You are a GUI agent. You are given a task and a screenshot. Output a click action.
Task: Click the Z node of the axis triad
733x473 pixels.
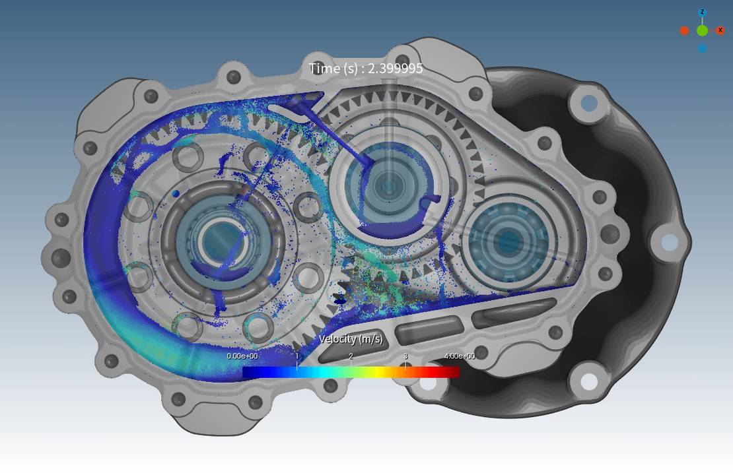point(702,13)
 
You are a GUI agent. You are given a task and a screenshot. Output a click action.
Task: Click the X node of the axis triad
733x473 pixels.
point(720,31)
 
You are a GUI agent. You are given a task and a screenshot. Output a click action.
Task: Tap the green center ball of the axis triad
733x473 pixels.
point(702,31)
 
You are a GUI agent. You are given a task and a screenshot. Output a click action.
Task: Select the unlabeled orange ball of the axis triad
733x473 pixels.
point(684,31)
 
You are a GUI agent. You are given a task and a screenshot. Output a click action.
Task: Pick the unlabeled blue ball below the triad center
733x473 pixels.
point(702,48)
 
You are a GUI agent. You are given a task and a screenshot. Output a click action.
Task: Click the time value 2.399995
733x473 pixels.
point(395,69)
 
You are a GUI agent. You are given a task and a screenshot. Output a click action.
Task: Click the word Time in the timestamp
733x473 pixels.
point(324,68)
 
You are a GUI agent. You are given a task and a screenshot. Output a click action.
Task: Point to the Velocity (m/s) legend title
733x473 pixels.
point(351,338)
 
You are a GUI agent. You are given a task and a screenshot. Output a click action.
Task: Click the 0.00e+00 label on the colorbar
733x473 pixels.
point(242,356)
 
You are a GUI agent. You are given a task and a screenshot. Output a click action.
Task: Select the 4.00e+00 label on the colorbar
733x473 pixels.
point(460,356)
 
